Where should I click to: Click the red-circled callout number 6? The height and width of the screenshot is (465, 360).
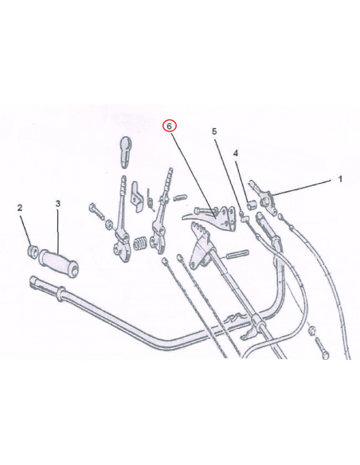tap(169, 127)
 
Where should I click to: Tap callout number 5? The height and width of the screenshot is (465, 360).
tap(214, 131)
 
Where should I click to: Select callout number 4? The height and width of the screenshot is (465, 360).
tap(236, 154)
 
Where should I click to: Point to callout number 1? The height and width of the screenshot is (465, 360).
tap(340, 179)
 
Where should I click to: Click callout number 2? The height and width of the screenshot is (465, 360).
tap(20, 208)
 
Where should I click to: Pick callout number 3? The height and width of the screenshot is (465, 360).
tap(58, 204)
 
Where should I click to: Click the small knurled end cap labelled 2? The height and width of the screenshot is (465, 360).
tap(33, 252)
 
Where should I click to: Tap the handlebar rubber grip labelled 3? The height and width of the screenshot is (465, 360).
tap(59, 263)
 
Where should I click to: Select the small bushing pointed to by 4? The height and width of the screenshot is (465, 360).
tap(252, 205)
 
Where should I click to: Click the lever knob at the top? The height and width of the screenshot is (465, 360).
tap(126, 152)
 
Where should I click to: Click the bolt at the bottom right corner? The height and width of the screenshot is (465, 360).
tap(322, 349)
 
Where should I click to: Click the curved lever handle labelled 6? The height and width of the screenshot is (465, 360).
tap(209, 220)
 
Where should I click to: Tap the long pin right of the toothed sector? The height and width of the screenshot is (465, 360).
tap(237, 254)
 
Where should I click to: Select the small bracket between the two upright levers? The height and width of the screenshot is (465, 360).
tap(137, 197)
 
